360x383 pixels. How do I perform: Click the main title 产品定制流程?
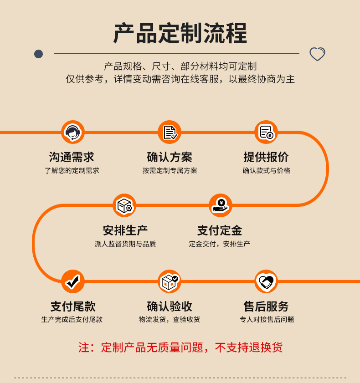[x=180, y=33]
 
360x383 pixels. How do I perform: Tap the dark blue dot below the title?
[x=39, y=54]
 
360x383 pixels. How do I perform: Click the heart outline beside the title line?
[x=317, y=54]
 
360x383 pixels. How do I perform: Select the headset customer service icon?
[x=73, y=132]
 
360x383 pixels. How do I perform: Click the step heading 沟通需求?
[x=72, y=157]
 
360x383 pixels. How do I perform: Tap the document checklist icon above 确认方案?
[x=170, y=132]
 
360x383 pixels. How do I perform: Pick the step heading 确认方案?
[x=170, y=157]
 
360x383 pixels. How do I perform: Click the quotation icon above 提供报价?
[x=266, y=132]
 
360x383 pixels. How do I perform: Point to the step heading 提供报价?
[x=266, y=157]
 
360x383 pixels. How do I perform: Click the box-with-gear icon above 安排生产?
[x=124, y=205]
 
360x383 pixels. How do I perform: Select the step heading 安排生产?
[x=125, y=230]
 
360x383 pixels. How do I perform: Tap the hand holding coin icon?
[x=221, y=205]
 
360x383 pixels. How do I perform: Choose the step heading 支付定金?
[x=220, y=230]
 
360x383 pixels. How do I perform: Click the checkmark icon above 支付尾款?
[x=73, y=281]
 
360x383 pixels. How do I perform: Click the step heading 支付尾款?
[x=73, y=306]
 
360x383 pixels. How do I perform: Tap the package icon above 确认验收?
[x=170, y=281]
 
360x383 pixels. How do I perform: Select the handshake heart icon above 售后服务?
[x=266, y=281]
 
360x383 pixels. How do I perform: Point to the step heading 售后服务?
[x=266, y=306]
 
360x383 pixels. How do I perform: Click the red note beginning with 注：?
[x=180, y=347]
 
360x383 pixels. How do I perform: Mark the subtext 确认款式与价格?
[x=266, y=171]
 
